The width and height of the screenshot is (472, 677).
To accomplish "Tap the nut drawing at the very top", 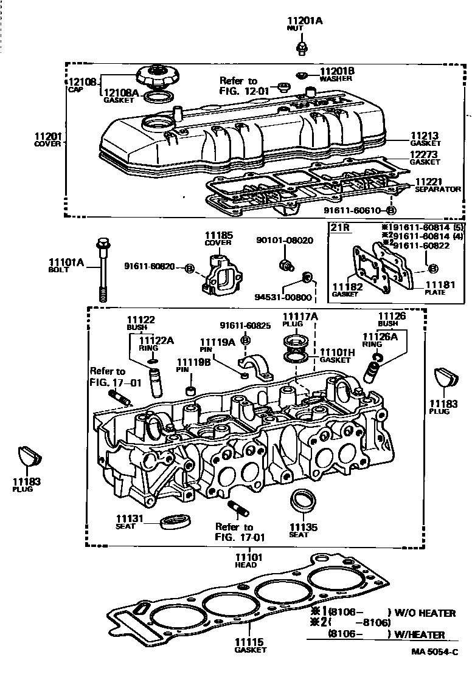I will click(301, 46).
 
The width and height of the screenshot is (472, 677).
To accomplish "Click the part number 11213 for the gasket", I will click(425, 137).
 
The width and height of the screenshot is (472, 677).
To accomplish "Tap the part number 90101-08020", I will click(284, 240).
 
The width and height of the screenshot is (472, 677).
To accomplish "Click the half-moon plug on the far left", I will click(27, 457).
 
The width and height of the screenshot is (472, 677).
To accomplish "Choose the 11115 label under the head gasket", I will click(250, 642).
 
